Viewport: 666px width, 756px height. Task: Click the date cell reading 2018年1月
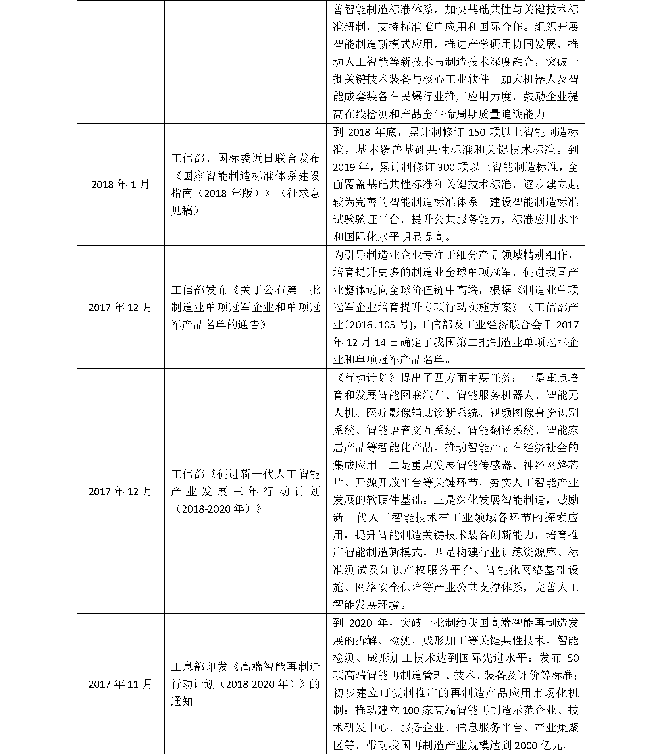(120, 185)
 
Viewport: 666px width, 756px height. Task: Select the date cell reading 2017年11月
(120, 684)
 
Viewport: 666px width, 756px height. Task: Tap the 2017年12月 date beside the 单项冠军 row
(120, 307)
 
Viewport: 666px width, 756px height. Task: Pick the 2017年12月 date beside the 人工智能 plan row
(120, 491)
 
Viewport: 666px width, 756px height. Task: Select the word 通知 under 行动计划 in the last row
(182, 702)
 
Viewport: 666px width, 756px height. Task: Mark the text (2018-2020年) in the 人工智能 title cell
(216, 509)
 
